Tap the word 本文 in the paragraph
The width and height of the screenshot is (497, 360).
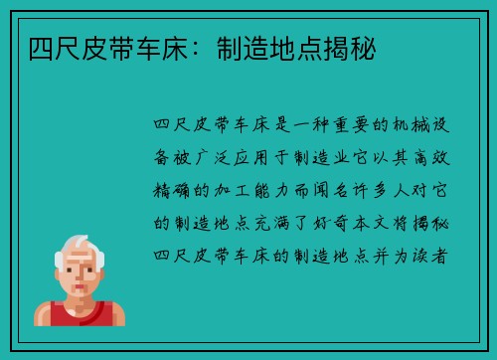pos(390,220)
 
